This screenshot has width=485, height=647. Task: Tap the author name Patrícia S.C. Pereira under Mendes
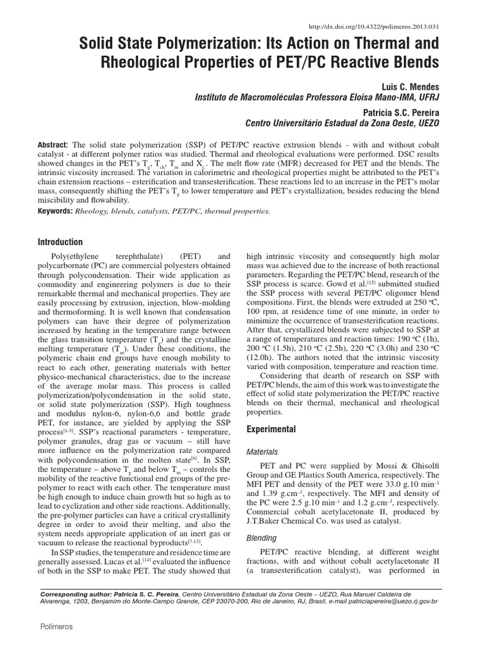tap(409, 110)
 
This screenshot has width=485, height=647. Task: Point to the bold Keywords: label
tap(55, 210)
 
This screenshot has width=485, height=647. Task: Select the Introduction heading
tap(60, 242)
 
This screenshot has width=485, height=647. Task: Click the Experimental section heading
tap(271, 429)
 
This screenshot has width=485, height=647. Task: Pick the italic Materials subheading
tap(261, 452)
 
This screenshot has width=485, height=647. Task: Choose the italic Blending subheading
tap(260, 538)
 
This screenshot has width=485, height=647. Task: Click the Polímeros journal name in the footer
tap(56, 626)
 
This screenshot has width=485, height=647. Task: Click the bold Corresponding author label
tap(76, 595)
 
